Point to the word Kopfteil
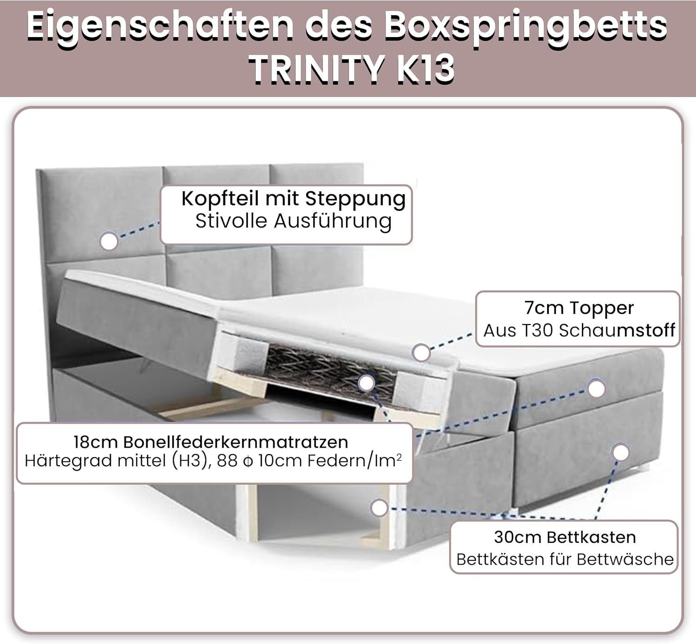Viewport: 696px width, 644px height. coord(220,199)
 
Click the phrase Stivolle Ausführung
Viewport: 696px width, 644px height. coord(293,221)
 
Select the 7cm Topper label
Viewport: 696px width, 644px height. coord(579,308)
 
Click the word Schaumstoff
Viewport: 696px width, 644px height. coord(617,331)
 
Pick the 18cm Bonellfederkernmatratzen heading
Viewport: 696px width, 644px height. coord(211,442)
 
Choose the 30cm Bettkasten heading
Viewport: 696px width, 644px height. coord(565,537)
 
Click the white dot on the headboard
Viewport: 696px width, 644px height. coord(109,241)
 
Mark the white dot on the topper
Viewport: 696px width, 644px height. coord(421,352)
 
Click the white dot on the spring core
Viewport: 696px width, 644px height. coord(367,383)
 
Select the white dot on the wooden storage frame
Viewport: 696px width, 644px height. coord(379,507)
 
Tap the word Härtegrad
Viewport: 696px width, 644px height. coord(69,461)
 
